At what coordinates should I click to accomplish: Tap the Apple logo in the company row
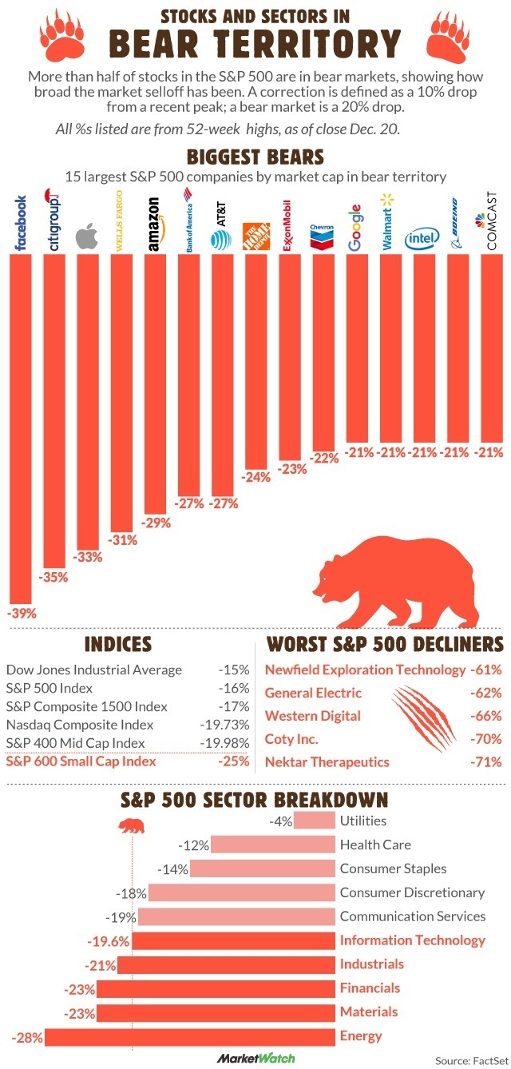(x=85, y=238)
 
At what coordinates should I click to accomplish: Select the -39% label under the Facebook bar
(x=21, y=614)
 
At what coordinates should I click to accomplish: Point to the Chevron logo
(x=321, y=236)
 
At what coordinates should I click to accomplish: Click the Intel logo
(x=421, y=238)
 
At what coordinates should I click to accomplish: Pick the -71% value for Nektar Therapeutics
(x=486, y=761)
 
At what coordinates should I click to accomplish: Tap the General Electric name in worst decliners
(x=313, y=693)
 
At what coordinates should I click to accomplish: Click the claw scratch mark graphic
(x=423, y=715)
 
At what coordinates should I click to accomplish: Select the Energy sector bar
(x=189, y=1036)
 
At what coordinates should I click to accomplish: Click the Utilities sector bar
(x=314, y=821)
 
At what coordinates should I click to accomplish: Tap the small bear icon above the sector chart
(x=130, y=825)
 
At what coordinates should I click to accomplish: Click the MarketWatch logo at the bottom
(x=255, y=1059)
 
